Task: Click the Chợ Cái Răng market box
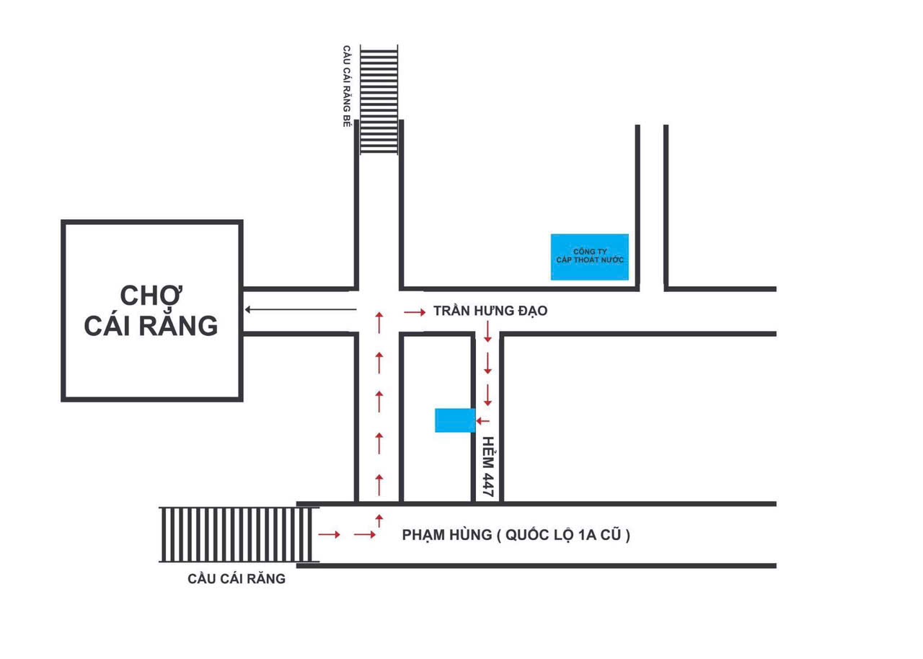coord(151,310)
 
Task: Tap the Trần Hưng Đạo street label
coord(490,311)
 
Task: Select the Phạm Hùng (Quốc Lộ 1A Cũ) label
coord(516,535)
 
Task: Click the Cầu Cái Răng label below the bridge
coord(237,578)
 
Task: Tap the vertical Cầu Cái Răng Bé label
coord(346,87)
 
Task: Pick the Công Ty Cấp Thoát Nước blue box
coord(590,257)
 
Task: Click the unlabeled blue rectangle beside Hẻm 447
coord(455,420)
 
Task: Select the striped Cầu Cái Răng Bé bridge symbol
coord(379,100)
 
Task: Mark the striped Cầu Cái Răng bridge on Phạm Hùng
coord(239,535)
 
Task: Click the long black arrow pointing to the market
coord(300,310)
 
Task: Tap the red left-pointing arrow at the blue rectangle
coord(483,421)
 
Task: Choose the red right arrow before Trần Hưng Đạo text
coord(415,312)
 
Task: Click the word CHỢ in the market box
coord(151,296)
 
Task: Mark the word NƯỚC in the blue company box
coord(609,260)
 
